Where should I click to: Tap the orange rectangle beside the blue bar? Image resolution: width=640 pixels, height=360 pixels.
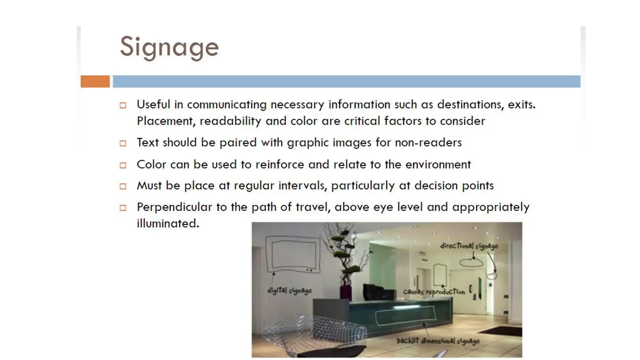tap(95, 81)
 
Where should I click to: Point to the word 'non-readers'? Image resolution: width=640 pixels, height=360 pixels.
tap(428, 142)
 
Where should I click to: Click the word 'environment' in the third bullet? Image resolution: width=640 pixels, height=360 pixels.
tap(438, 164)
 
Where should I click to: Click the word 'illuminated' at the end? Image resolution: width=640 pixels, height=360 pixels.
tap(167, 223)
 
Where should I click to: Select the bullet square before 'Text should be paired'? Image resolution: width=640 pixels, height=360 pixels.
tap(123, 143)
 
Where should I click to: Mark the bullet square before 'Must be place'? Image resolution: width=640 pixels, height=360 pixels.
tap(123, 187)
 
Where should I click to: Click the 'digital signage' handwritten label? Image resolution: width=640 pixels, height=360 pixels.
tap(289, 291)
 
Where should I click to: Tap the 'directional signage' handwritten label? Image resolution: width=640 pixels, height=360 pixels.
tap(469, 246)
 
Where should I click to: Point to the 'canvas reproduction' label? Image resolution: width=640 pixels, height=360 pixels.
tap(434, 292)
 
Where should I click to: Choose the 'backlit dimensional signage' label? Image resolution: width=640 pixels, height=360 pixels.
tap(438, 341)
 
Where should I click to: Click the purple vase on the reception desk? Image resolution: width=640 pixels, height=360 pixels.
tap(346, 292)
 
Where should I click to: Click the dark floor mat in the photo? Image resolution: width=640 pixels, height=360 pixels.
tap(500, 331)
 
